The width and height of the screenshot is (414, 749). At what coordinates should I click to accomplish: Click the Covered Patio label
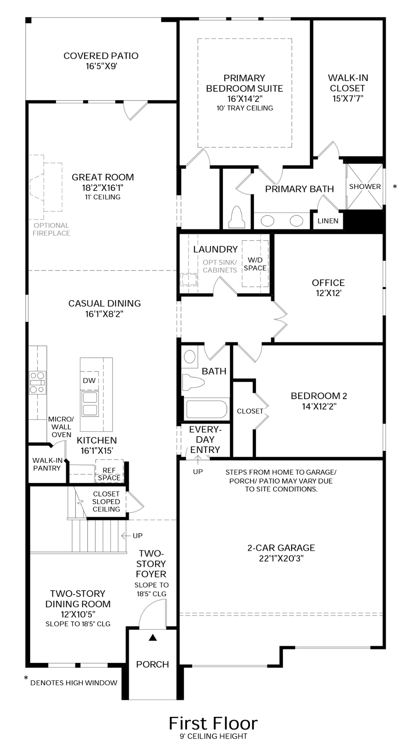point(101,61)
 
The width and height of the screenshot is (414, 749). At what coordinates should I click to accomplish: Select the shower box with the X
point(365,186)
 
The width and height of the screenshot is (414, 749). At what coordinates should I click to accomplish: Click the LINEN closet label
point(328,221)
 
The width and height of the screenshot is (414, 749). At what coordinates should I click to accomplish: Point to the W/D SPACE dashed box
point(255,264)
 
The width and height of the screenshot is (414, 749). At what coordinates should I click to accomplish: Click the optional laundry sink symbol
point(190,280)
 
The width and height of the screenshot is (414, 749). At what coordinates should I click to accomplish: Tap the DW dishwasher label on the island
point(89,380)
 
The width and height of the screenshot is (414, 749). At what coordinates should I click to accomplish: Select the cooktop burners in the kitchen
point(37,382)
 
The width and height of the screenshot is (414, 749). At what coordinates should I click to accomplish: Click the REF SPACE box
point(109,474)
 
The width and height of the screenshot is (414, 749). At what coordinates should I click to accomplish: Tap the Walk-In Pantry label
point(47,464)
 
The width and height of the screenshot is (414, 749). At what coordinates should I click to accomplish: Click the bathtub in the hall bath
point(206,410)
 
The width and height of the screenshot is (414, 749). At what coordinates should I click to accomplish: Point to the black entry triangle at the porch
point(153,638)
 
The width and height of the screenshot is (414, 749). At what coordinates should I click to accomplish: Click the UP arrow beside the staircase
point(133,536)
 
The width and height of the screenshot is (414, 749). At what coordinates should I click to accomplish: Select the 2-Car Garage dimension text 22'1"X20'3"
point(281,558)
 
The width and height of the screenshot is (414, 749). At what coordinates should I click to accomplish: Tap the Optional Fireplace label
point(51,229)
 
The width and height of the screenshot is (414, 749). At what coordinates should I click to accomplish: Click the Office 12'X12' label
point(328,288)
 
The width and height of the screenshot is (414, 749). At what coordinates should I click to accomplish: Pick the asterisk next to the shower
point(395,187)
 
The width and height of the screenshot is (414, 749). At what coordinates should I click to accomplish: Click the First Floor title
point(213,723)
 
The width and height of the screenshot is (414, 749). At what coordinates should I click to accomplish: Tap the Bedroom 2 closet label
point(250,411)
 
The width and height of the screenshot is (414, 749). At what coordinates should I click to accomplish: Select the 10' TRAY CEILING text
point(245,108)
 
